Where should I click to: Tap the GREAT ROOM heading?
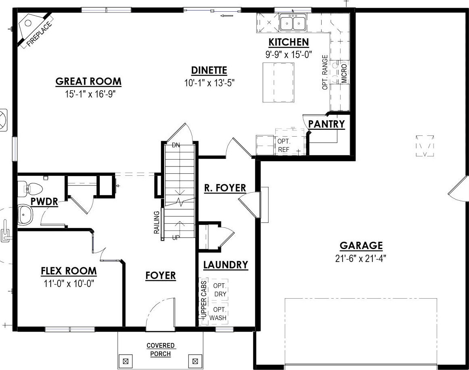coord(89,81)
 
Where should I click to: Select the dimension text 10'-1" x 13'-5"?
coord(209,83)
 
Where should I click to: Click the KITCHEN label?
coord(289,42)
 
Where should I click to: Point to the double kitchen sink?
coord(293,22)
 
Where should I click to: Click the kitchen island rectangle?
coord(278,82)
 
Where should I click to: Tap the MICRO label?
coord(344,73)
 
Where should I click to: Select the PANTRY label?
coord(326,124)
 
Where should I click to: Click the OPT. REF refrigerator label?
coord(284,145)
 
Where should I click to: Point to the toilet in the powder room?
coord(30,190)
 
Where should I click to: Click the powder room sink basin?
coord(25,214)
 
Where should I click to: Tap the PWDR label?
coord(44,202)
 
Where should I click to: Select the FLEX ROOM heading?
coord(69,271)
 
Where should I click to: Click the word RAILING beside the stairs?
coord(157,222)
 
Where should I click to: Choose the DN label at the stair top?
coord(176,145)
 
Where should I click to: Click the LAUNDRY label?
coord(226,265)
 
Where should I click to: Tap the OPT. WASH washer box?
coord(219,313)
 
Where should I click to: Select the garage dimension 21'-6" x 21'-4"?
coord(361,258)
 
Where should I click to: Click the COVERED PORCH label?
coord(161,349)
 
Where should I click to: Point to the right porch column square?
coord(195,361)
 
